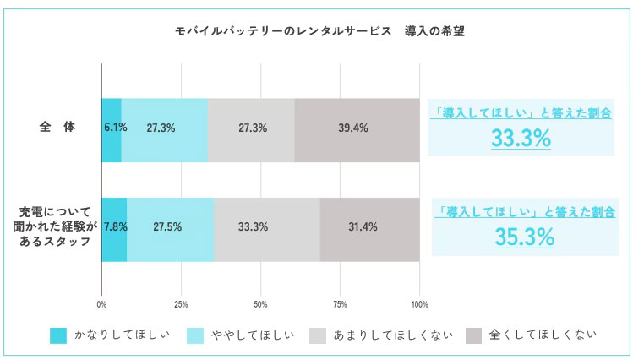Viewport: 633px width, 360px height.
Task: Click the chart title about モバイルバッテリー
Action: [x=319, y=31]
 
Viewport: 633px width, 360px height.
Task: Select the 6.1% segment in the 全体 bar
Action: [x=112, y=130]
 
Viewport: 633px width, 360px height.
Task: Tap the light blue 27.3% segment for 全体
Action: [x=165, y=130]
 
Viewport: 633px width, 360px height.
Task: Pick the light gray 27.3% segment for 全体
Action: [x=252, y=130]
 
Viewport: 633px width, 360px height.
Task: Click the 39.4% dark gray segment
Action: [x=357, y=130]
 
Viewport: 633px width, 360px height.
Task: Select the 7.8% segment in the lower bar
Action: [x=115, y=230]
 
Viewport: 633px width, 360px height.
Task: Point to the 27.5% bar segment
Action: [x=171, y=230]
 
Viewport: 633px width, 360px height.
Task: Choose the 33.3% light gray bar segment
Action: [x=267, y=230]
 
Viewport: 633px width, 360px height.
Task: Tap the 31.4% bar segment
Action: [x=370, y=230]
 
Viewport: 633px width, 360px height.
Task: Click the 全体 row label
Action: [x=57, y=127]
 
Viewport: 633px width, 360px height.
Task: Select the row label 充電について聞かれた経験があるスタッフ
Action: [x=55, y=226]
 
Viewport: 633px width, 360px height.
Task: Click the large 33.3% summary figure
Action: [x=521, y=138]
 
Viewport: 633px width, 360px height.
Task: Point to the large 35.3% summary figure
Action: [x=525, y=237]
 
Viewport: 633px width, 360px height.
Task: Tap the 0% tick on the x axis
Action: [x=101, y=304]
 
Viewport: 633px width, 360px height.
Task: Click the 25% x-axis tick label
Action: [x=181, y=304]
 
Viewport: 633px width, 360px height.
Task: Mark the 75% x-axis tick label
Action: [x=340, y=304]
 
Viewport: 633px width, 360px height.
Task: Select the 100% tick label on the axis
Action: [x=419, y=304]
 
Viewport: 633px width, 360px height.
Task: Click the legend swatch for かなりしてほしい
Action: [x=58, y=335]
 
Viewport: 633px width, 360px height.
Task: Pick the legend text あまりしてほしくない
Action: [x=393, y=335]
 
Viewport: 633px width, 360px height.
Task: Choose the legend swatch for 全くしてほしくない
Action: [x=473, y=335]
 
